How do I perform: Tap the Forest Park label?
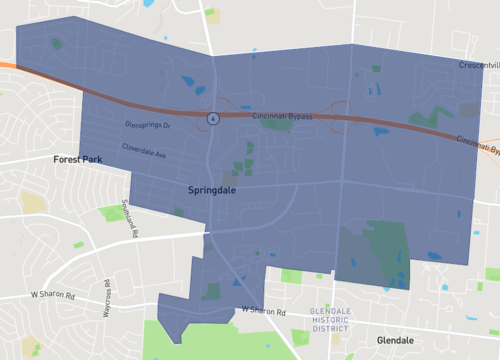(78, 159)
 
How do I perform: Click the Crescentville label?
(478, 65)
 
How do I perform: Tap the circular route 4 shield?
(213, 118)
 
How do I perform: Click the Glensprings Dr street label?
(149, 126)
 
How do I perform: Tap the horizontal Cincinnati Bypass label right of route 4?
(283, 117)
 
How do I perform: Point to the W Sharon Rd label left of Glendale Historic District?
(263, 311)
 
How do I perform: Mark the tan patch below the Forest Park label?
(34, 203)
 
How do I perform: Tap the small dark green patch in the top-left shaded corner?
(56, 44)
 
